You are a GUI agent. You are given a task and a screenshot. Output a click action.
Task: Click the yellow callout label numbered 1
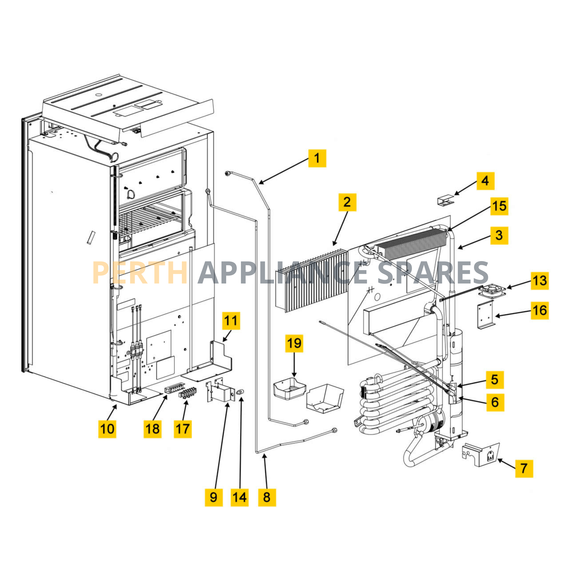click(317, 158)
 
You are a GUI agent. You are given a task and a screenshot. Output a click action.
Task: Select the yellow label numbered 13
click(540, 281)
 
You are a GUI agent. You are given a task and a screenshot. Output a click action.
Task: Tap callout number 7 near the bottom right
click(524, 468)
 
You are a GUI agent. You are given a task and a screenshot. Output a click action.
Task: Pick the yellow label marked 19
click(294, 343)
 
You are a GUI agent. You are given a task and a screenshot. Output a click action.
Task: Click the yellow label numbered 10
click(107, 429)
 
